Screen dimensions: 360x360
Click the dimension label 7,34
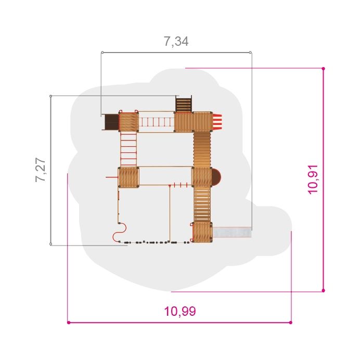pyautogui.click(x=176, y=42)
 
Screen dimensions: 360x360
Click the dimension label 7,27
pyautogui.click(x=41, y=170)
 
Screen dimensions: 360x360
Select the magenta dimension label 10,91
pyautogui.click(x=313, y=179)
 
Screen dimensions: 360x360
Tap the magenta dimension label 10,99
pyautogui.click(x=180, y=312)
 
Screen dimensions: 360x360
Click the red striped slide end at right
pyautogui.click(x=217, y=121)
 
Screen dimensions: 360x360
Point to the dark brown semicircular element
pyautogui.click(x=216, y=177)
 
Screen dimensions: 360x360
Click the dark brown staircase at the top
pyautogui.click(x=184, y=105)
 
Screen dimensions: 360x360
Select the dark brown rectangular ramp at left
pyautogui.click(x=111, y=122)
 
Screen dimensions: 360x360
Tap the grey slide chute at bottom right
pyautogui.click(x=232, y=232)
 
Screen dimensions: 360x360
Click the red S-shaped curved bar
pyautogui.click(x=120, y=232)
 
